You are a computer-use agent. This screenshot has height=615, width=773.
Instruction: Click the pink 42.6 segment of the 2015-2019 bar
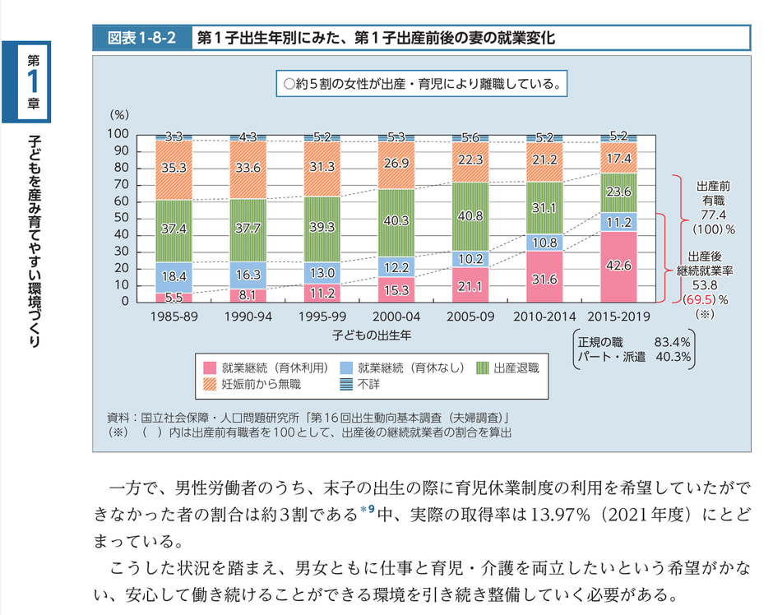pos(619,266)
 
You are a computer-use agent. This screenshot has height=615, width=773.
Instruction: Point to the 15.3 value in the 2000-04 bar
pos(396,289)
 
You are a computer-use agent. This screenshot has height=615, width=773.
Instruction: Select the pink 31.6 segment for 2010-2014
pos(544,279)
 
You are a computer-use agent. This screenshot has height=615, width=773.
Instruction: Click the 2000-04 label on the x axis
pos(396,316)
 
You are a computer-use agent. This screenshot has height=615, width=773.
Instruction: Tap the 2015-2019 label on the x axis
pos(619,316)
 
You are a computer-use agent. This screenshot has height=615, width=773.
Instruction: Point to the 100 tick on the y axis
pos(118,134)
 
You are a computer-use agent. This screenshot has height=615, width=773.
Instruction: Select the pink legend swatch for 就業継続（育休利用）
pos(209,368)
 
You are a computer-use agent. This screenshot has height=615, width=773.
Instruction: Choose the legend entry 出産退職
pos(516,368)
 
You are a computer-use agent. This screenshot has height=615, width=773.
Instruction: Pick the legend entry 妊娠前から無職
pos(262,383)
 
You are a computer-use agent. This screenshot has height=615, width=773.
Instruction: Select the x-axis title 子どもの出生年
pos(372,335)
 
